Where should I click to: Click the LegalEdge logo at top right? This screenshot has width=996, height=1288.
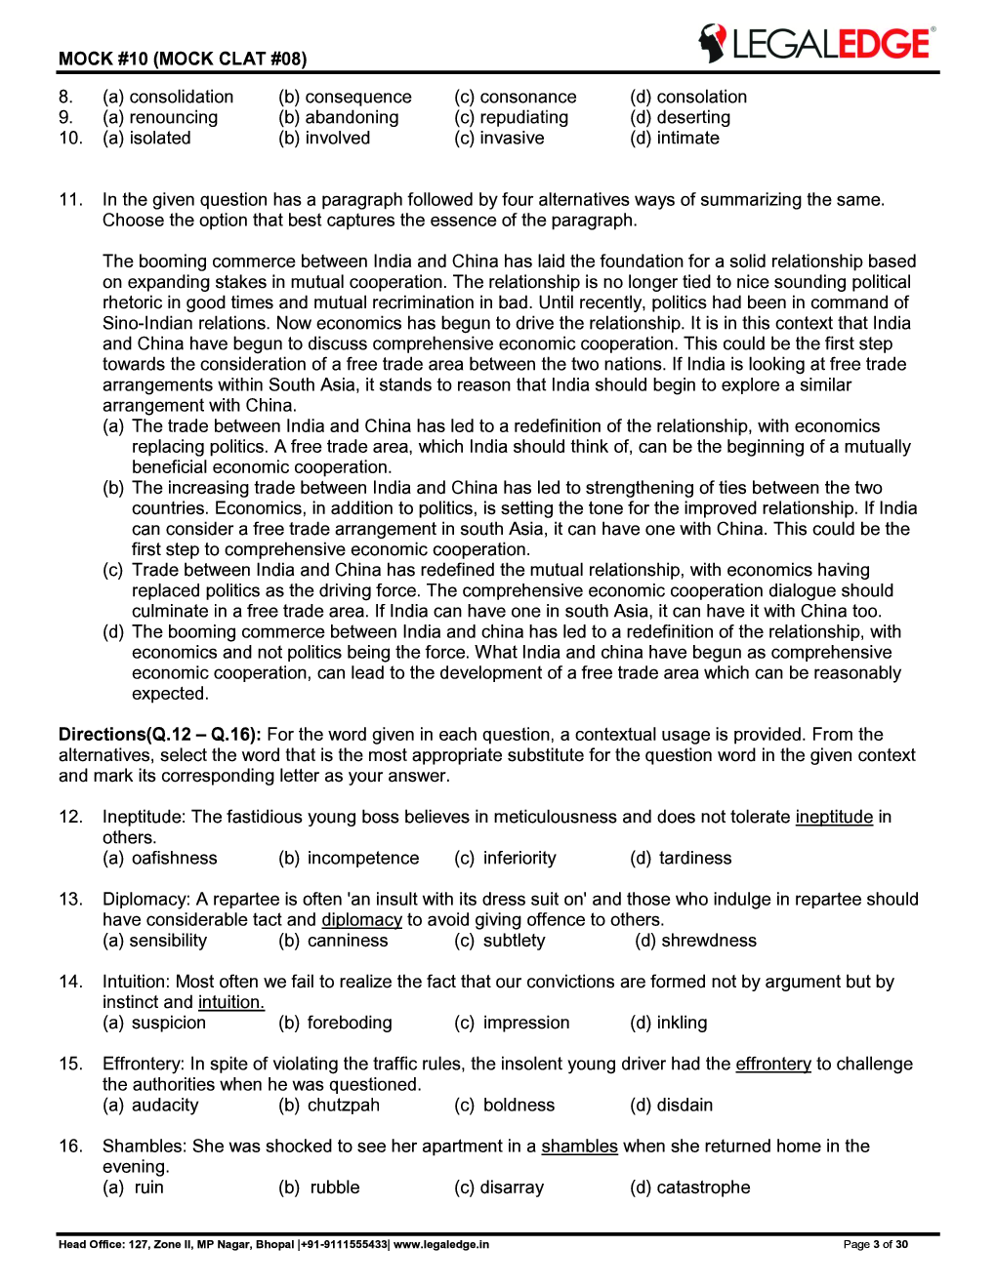[x=816, y=43]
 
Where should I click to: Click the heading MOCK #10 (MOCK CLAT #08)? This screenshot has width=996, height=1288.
[x=183, y=59]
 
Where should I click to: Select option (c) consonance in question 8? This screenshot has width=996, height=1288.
[x=515, y=97]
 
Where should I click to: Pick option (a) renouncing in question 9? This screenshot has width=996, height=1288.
[x=160, y=117]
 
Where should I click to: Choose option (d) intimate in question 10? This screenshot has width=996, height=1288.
[x=675, y=138]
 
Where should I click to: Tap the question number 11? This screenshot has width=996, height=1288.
[x=70, y=199]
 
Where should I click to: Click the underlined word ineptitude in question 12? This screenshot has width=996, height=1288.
[x=834, y=817]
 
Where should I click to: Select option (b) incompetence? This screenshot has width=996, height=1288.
[x=349, y=858]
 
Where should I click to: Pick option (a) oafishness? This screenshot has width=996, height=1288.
[x=160, y=858]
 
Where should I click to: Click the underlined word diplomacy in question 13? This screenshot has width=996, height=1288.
[x=361, y=919]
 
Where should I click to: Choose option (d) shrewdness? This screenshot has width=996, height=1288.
[x=695, y=940]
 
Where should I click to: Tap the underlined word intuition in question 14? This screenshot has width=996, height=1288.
[x=230, y=1002]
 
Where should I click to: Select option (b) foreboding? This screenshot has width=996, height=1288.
[x=335, y=1023]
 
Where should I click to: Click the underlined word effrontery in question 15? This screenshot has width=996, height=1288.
[x=773, y=1064]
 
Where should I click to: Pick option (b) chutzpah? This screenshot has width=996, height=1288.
[x=329, y=1105]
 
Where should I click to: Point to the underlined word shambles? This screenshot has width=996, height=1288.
[x=579, y=1146]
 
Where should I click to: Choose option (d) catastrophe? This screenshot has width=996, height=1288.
[x=689, y=1187]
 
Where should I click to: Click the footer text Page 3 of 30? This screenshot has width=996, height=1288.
[x=875, y=1244]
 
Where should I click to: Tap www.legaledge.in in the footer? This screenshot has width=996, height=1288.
[x=441, y=1244]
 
